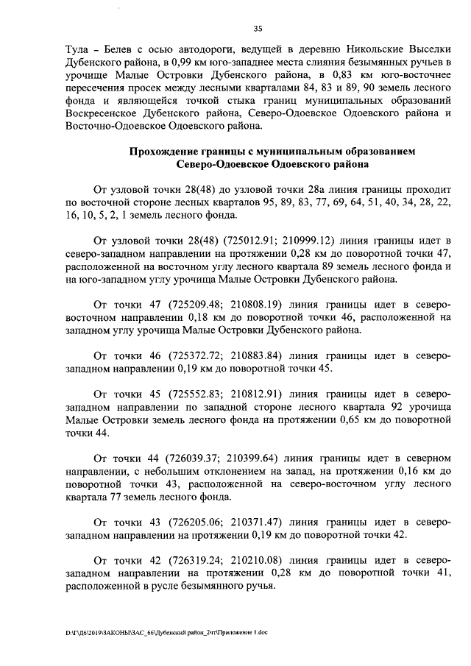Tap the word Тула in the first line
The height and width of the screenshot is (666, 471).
coord(59,50)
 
